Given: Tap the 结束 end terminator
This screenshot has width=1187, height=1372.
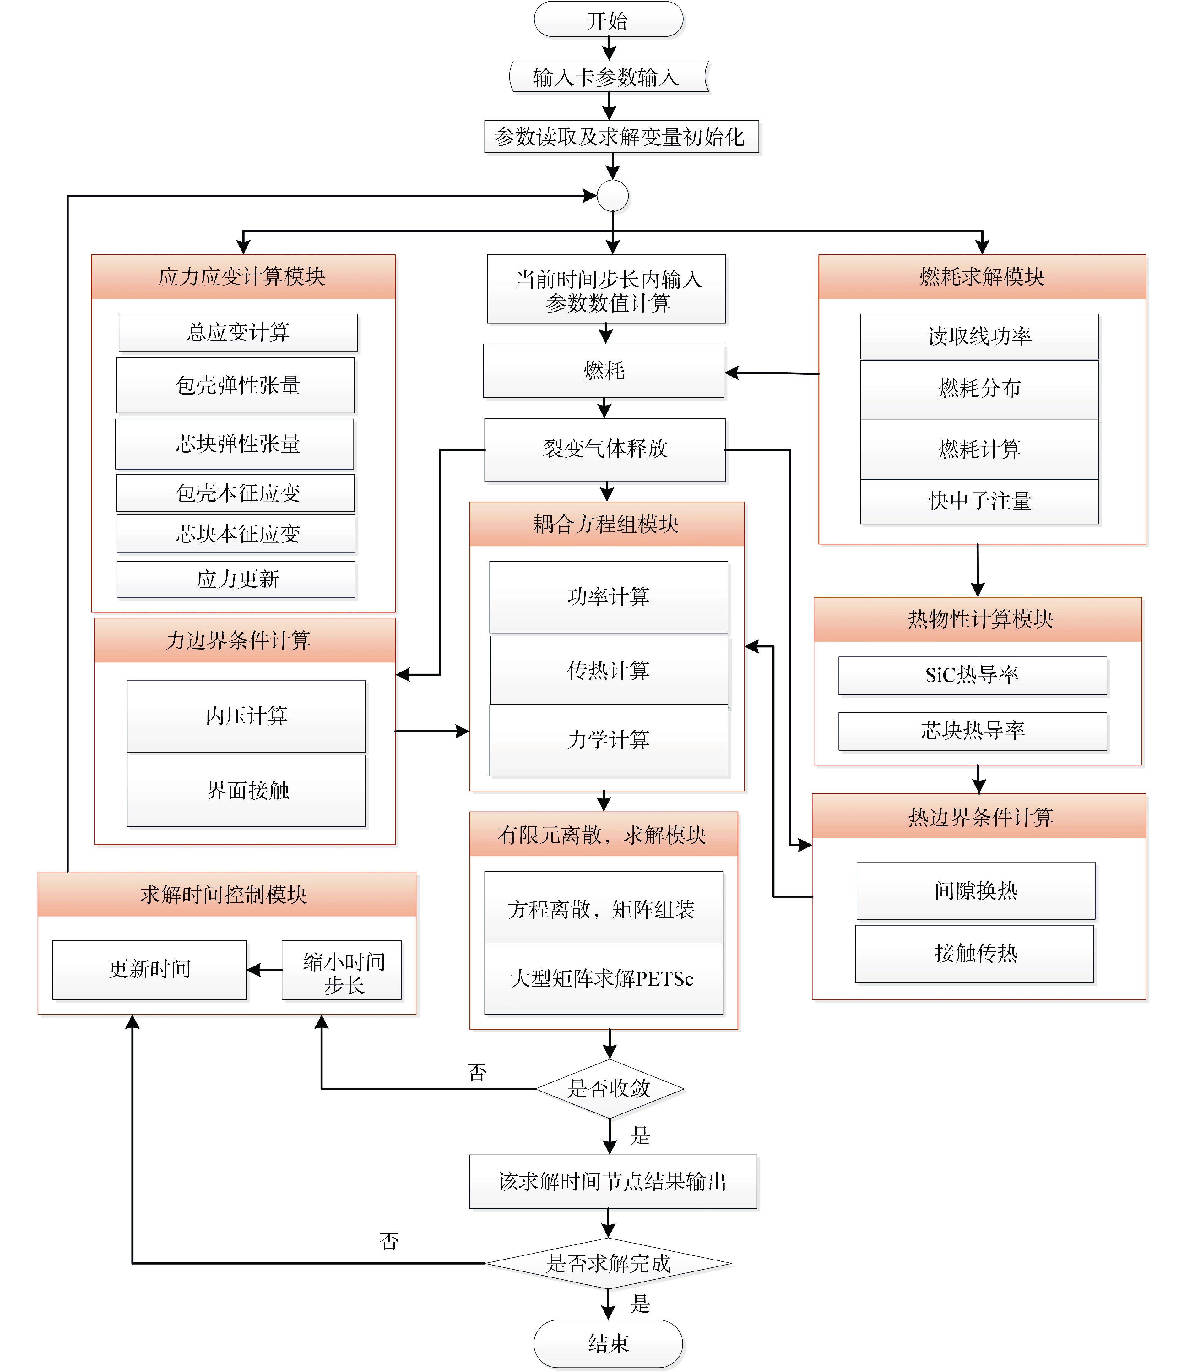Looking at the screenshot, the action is [608, 1343].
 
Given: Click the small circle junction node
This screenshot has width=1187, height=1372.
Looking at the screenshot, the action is [613, 195].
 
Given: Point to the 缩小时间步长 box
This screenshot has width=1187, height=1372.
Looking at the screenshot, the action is [342, 970].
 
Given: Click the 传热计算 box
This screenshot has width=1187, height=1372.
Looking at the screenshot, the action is [609, 670].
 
